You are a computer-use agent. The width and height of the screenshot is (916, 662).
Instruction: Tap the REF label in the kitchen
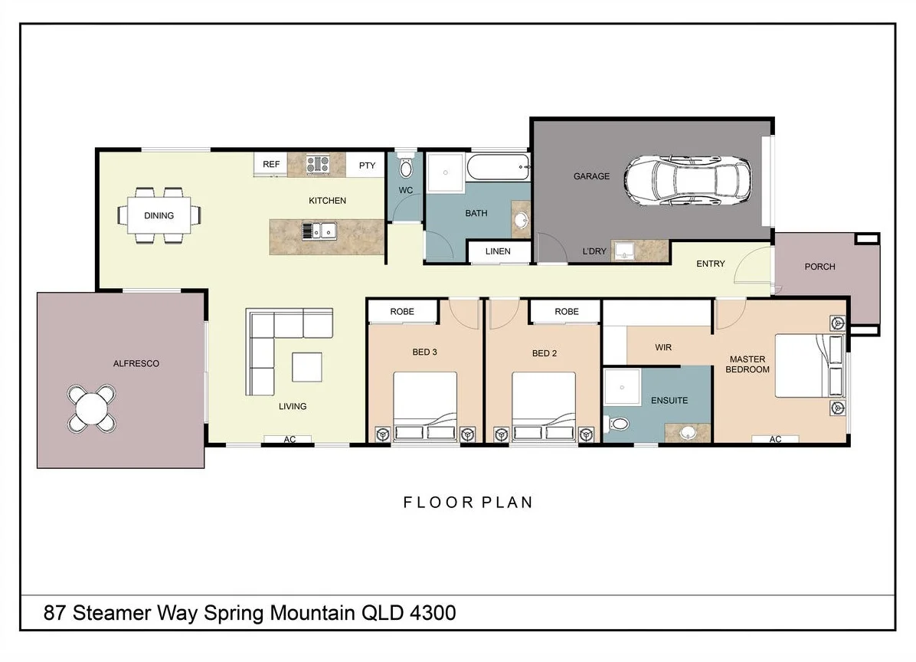[x=271, y=165]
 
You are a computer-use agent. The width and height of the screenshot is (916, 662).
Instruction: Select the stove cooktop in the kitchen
[x=318, y=164]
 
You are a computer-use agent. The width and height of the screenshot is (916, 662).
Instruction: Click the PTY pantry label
[x=367, y=165]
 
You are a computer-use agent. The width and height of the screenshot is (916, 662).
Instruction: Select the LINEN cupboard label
[x=498, y=251]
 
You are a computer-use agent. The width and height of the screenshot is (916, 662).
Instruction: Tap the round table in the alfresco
[x=92, y=407]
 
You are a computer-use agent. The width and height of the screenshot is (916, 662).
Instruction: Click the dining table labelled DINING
[x=159, y=215]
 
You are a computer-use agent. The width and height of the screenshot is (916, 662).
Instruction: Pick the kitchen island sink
[x=319, y=230]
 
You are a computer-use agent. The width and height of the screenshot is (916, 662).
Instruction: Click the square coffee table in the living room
[x=307, y=367]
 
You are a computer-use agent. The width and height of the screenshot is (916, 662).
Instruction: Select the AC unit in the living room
[x=289, y=440]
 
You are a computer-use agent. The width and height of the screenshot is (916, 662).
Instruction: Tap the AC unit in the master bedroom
[x=774, y=440]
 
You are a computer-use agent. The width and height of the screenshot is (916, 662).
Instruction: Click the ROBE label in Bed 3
[x=402, y=312]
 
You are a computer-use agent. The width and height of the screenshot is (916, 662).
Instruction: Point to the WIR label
[x=663, y=347]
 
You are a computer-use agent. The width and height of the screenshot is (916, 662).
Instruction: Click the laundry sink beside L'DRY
[x=626, y=251]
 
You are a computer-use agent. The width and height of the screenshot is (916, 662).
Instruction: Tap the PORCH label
[x=819, y=267]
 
